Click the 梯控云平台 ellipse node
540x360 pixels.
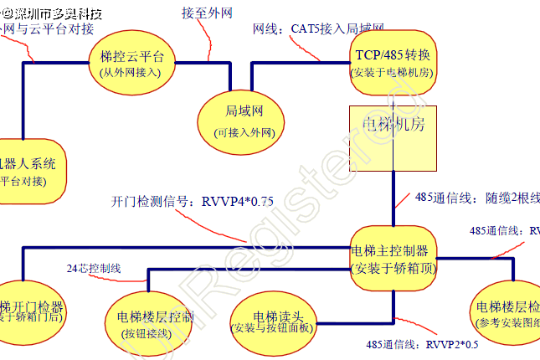pos(135,64)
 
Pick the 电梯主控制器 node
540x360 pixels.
pos(392,259)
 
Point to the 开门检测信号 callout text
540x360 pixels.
pos(192,202)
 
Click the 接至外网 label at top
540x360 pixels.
pos(204,13)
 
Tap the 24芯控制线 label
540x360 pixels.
pos(94,268)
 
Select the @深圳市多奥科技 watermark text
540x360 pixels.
pos(50,11)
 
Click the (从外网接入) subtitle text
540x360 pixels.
pos(135,73)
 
